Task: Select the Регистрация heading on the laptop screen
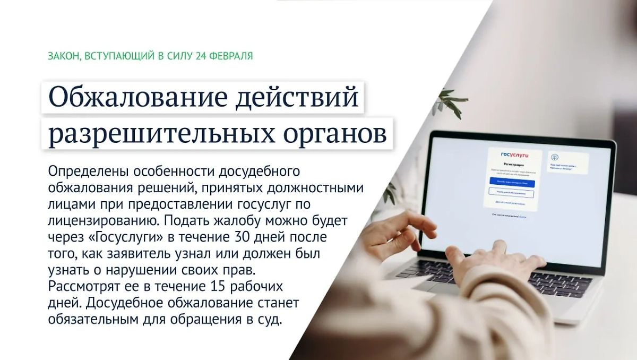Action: point(512,165)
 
